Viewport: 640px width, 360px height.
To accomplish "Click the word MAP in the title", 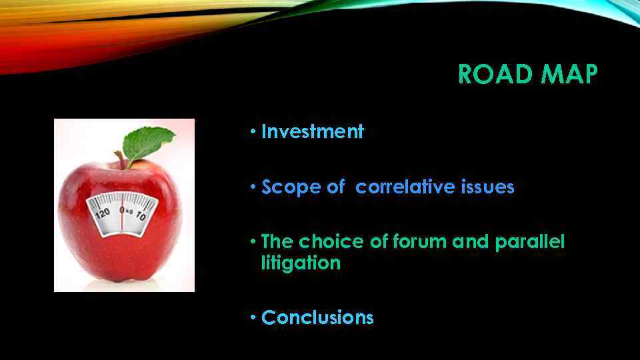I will click(x=569, y=75).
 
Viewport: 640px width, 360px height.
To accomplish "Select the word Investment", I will click(x=313, y=132).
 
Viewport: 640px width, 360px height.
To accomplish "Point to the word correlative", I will click(x=405, y=188).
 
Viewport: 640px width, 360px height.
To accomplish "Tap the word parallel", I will click(x=529, y=242).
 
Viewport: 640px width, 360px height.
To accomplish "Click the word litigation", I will click(x=301, y=263).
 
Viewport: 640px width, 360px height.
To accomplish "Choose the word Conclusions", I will click(x=317, y=318).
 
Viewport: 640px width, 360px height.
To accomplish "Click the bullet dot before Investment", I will click(x=253, y=132).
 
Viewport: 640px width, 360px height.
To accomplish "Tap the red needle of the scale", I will click(x=122, y=218).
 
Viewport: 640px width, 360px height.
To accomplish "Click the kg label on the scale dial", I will click(x=130, y=211).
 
